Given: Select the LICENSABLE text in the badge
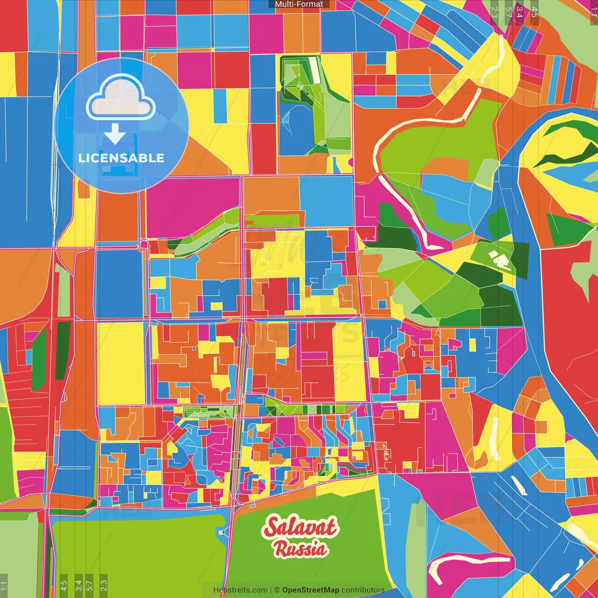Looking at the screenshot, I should (121, 158).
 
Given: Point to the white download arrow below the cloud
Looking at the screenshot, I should (114, 134).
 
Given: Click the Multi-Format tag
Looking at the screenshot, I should (299, 4).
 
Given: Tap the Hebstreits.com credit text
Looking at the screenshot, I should (240, 590).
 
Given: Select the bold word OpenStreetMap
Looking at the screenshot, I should (311, 590).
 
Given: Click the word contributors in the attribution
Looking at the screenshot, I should (363, 590).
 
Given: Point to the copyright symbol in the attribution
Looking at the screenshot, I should (277, 590).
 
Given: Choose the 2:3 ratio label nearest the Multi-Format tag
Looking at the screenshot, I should (495, 12).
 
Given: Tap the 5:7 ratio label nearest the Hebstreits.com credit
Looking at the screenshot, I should (90, 585).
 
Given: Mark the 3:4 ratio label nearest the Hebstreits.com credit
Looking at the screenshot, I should (78, 585).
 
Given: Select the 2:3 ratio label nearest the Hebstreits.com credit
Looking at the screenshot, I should (103, 585).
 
